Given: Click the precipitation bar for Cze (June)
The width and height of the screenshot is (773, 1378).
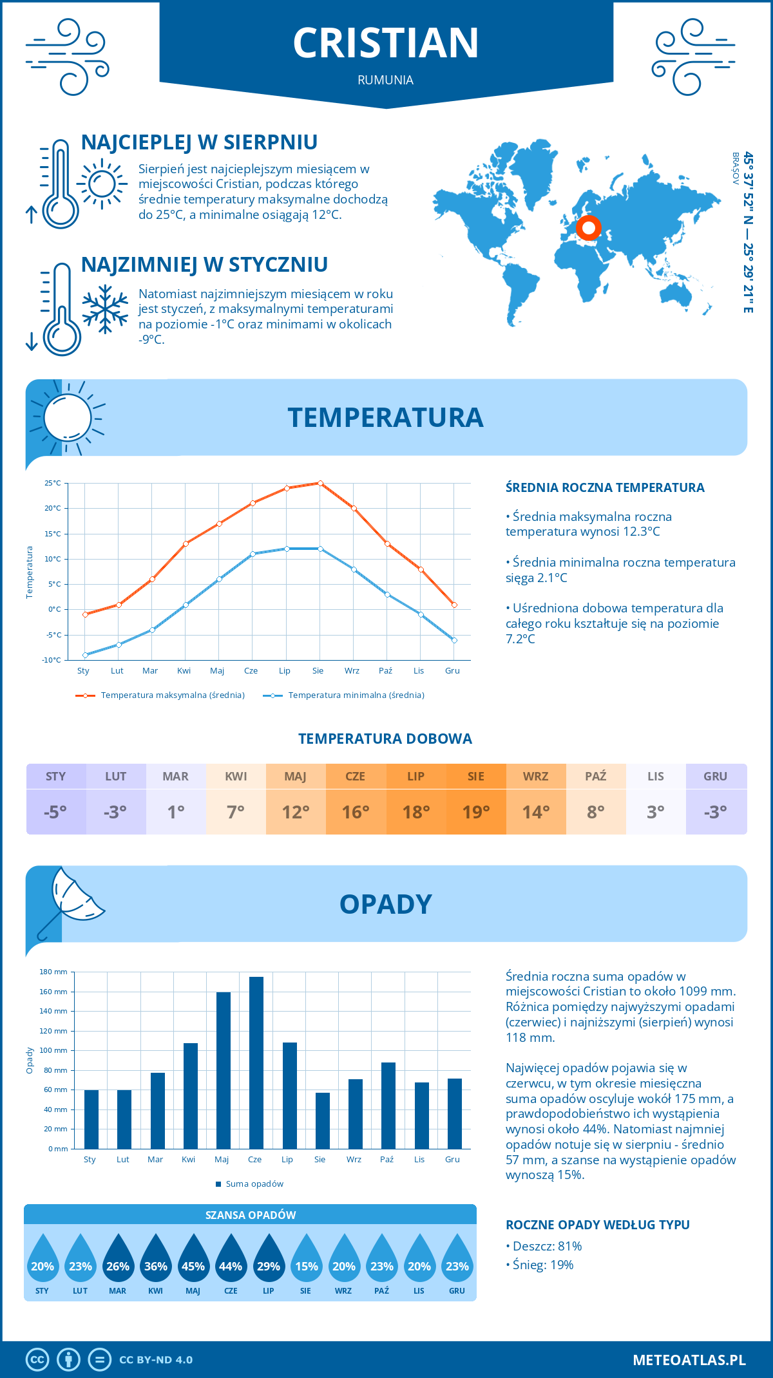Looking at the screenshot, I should tap(256, 1062).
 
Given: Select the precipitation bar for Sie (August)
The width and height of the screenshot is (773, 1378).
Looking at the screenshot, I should tap(322, 1120).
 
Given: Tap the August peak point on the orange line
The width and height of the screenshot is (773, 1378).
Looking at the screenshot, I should tap(320, 483).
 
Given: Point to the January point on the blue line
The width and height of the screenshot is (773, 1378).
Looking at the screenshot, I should tap(85, 655).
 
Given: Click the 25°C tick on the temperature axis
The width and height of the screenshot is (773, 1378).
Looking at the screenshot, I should tap(53, 483).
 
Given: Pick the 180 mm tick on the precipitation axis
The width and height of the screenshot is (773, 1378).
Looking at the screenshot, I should tap(54, 972).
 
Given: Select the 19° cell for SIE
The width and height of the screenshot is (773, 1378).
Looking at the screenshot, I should tap(476, 812).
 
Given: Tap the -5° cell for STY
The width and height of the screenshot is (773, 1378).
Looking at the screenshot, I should tap(55, 812).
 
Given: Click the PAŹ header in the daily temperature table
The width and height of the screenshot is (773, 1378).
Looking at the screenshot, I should tap(595, 777).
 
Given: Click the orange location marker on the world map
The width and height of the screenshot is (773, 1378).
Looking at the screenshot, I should tap(588, 228).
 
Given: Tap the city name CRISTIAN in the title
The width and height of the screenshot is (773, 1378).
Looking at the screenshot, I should tap(386, 43).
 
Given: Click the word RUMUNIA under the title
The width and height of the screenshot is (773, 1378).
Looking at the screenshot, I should tap(386, 80).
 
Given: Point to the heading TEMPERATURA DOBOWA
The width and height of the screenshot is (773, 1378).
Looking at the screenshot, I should tap(385, 739).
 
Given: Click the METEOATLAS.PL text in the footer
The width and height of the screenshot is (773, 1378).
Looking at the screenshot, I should tap(689, 1360).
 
